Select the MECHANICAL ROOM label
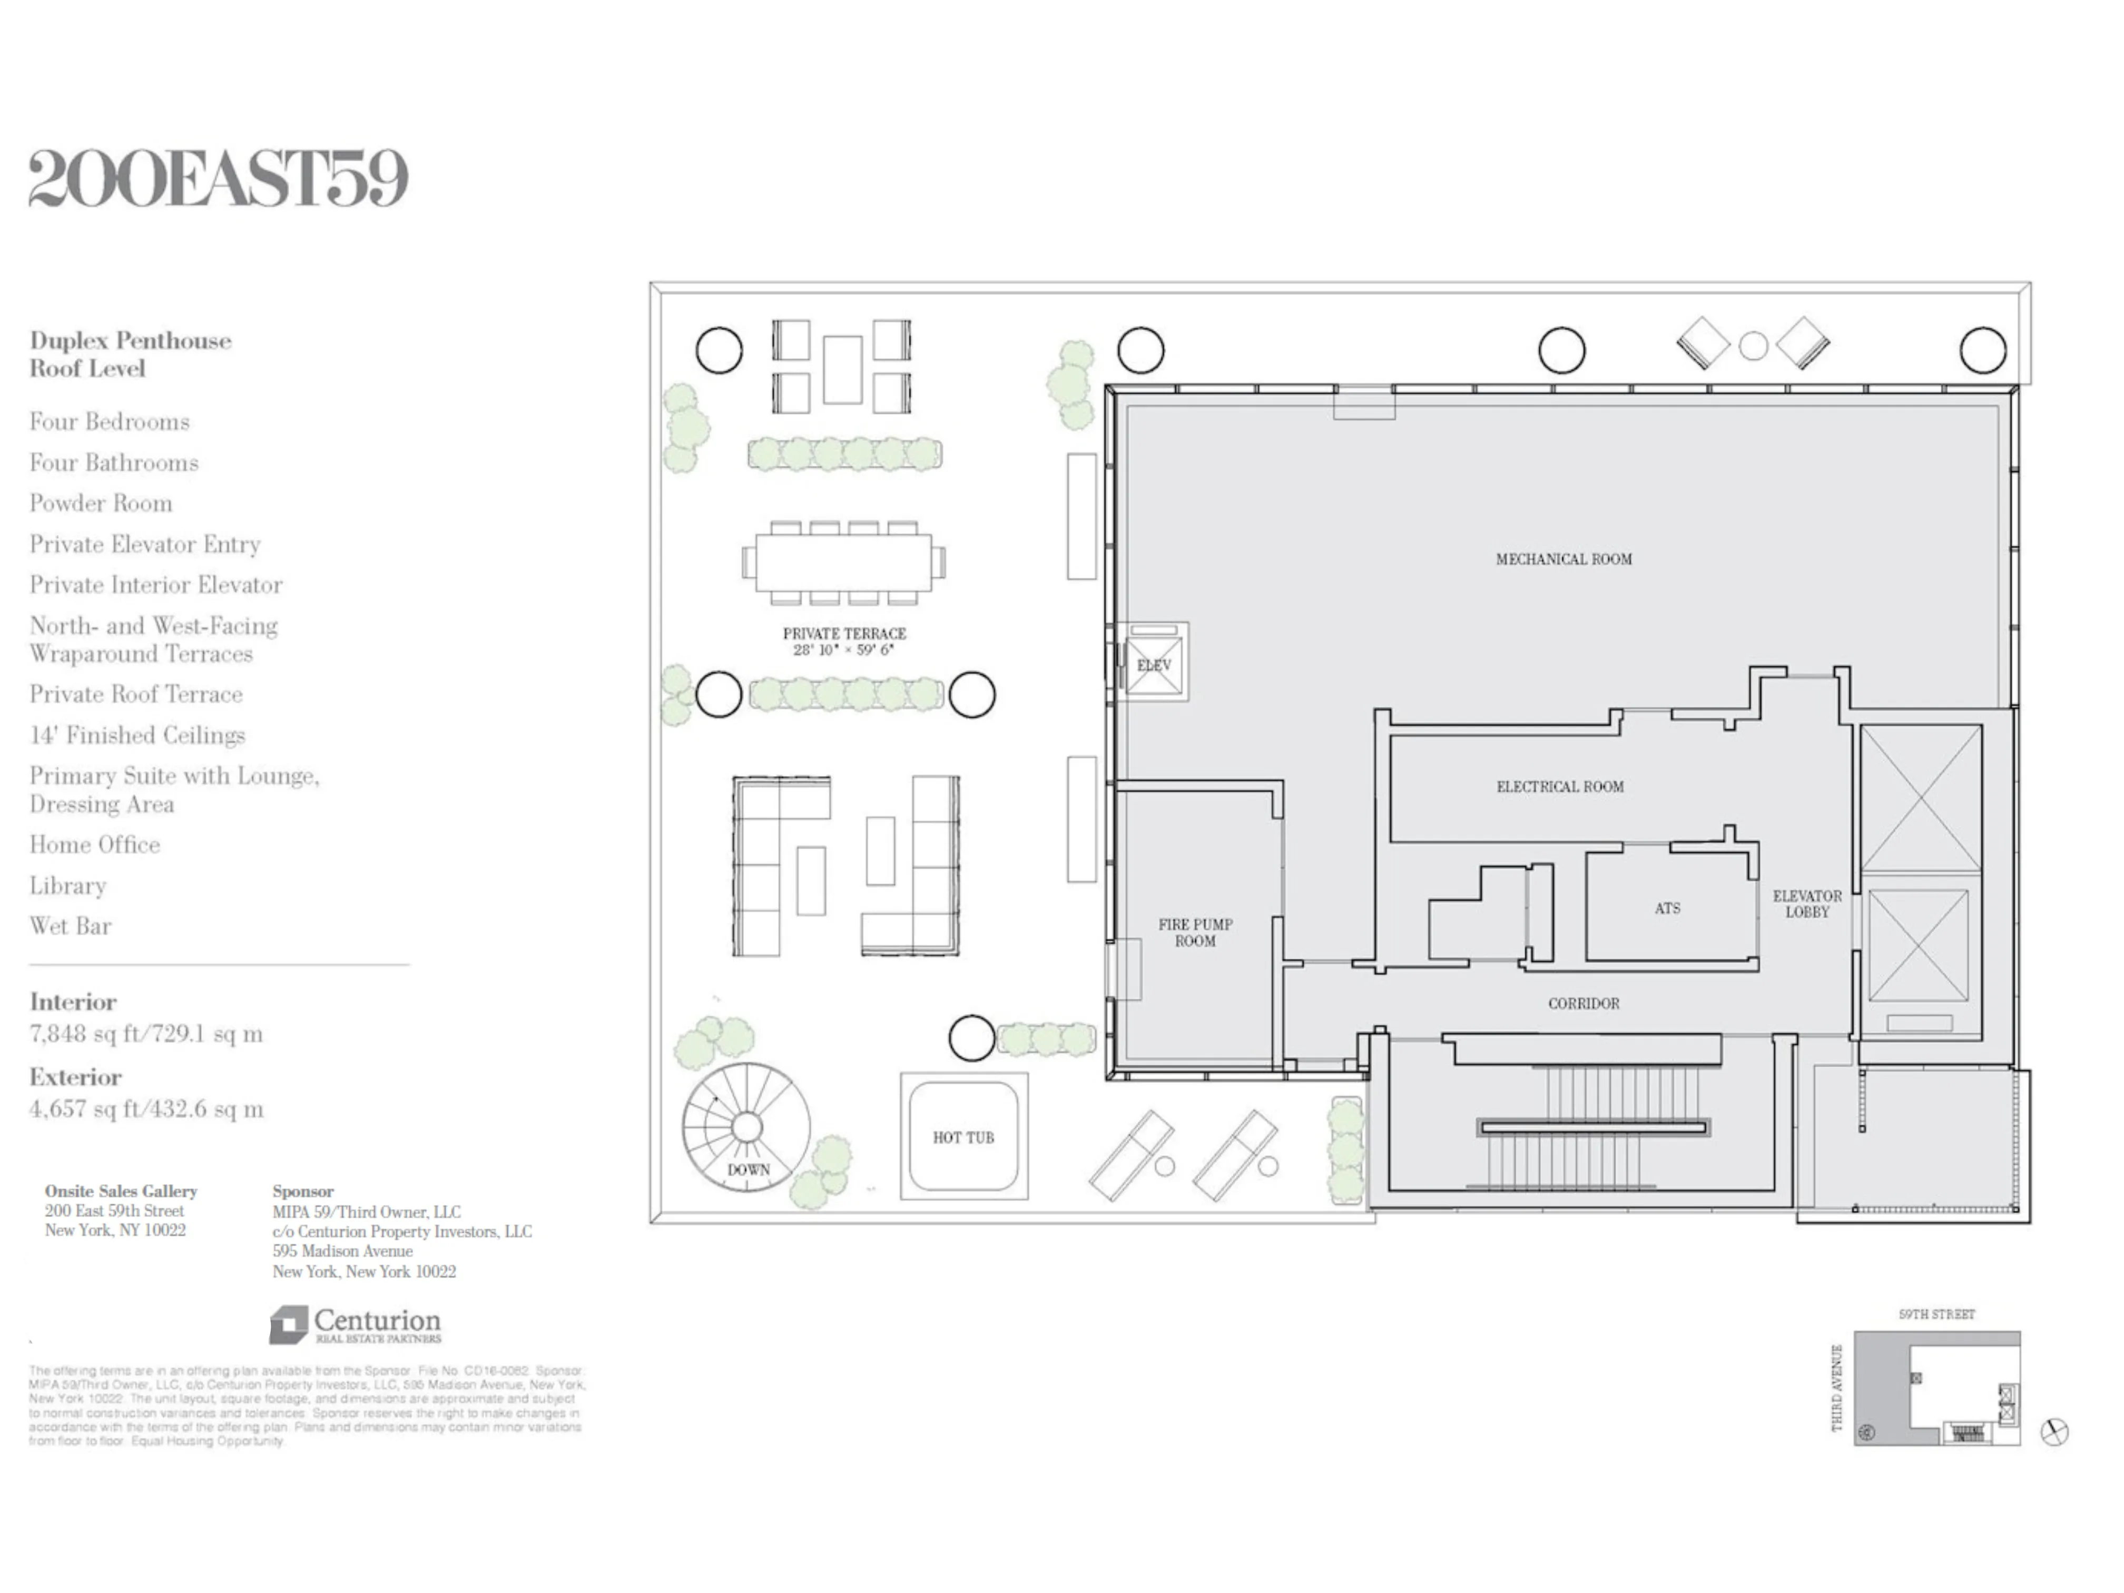1563,559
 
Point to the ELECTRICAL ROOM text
1559,786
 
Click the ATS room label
1667,908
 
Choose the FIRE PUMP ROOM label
1195,932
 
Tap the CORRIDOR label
1584,1004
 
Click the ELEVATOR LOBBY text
1806,903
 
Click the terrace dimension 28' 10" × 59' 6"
843,650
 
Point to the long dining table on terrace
843,563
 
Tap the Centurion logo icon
288,1324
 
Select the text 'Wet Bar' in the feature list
70,927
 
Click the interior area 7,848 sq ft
145,1034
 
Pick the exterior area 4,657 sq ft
145,1109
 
